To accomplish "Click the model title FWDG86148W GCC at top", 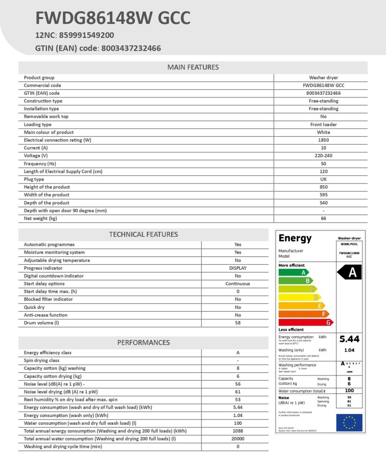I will tap(113, 18).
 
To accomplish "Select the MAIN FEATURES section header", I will tap(193, 67).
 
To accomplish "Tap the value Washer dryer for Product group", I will tap(323, 78).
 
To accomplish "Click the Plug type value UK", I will tap(323, 179).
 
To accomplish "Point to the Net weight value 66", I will tap(323, 218).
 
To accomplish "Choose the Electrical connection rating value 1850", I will tap(323, 140).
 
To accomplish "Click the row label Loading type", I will tap(37, 124).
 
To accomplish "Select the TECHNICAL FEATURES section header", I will tap(143, 235).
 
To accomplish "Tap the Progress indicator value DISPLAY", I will tap(238, 268).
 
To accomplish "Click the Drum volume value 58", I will tap(238, 323).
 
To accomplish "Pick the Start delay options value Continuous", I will tap(238, 284).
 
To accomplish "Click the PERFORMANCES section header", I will tap(143, 343).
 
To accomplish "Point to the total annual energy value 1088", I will tap(238, 431).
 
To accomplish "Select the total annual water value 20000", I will tap(238, 439).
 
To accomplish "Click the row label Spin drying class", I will tap(42, 360).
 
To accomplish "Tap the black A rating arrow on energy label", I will tap(350, 273).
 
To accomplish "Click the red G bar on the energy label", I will tap(305, 322).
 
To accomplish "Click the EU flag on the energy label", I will tap(349, 422).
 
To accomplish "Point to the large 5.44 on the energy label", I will tap(349, 339).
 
